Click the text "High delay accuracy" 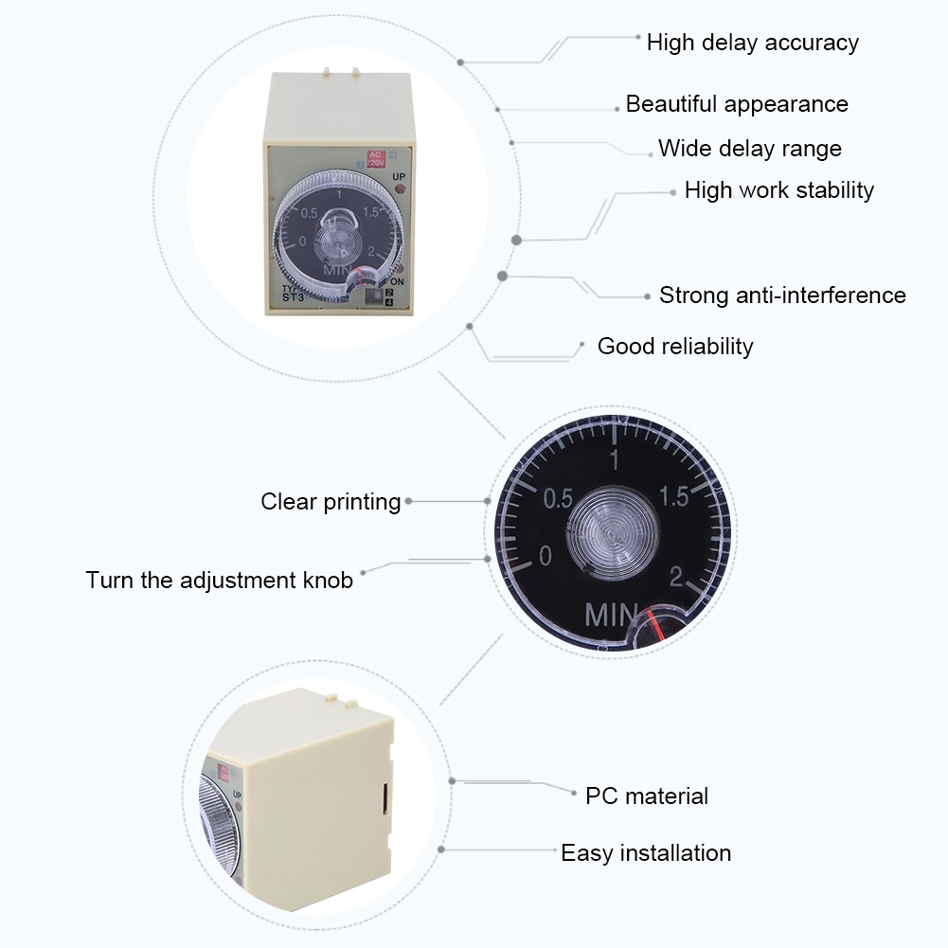pyautogui.click(x=752, y=43)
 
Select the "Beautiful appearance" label pyautogui.click(x=737, y=104)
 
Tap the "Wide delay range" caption pyautogui.click(x=749, y=149)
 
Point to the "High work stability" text pyautogui.click(x=778, y=190)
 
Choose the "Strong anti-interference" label pyautogui.click(x=782, y=295)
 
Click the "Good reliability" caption pyautogui.click(x=675, y=347)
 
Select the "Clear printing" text pyautogui.click(x=331, y=502)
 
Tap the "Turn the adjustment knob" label pyautogui.click(x=219, y=580)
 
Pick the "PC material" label pyautogui.click(x=646, y=796)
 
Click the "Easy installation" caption pyautogui.click(x=646, y=853)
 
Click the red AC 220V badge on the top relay pyautogui.click(x=376, y=158)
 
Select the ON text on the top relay pyautogui.click(x=398, y=281)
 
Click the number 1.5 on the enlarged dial pyautogui.click(x=675, y=497)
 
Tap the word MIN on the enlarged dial pyautogui.click(x=612, y=615)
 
